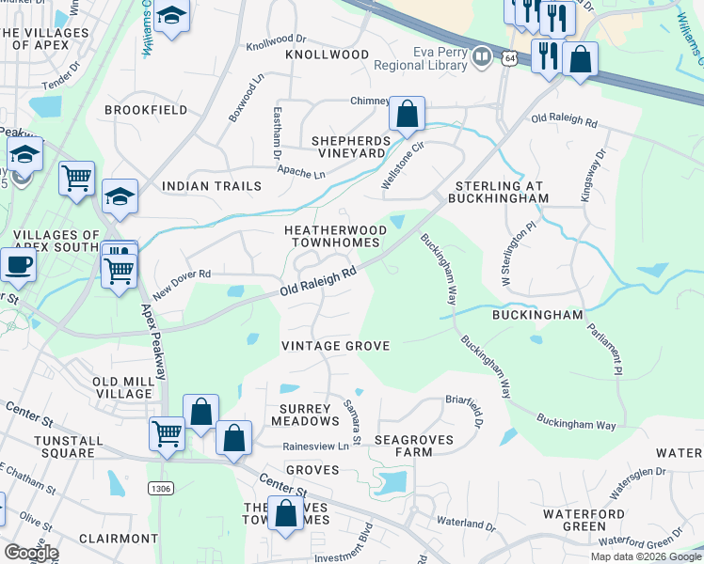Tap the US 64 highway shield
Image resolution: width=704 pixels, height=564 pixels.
[509, 58]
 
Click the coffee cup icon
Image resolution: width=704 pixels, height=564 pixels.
[18, 265]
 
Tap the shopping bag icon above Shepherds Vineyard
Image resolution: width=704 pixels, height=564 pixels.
[407, 115]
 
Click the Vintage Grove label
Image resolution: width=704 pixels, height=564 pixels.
[335, 346]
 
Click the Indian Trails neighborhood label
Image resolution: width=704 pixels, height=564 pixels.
[211, 186]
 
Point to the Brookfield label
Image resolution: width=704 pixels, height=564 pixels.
[140, 110]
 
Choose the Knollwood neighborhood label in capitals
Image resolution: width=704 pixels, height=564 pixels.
[328, 55]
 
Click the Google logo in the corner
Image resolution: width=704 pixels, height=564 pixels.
[31, 553]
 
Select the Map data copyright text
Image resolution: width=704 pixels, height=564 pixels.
[645, 556]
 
